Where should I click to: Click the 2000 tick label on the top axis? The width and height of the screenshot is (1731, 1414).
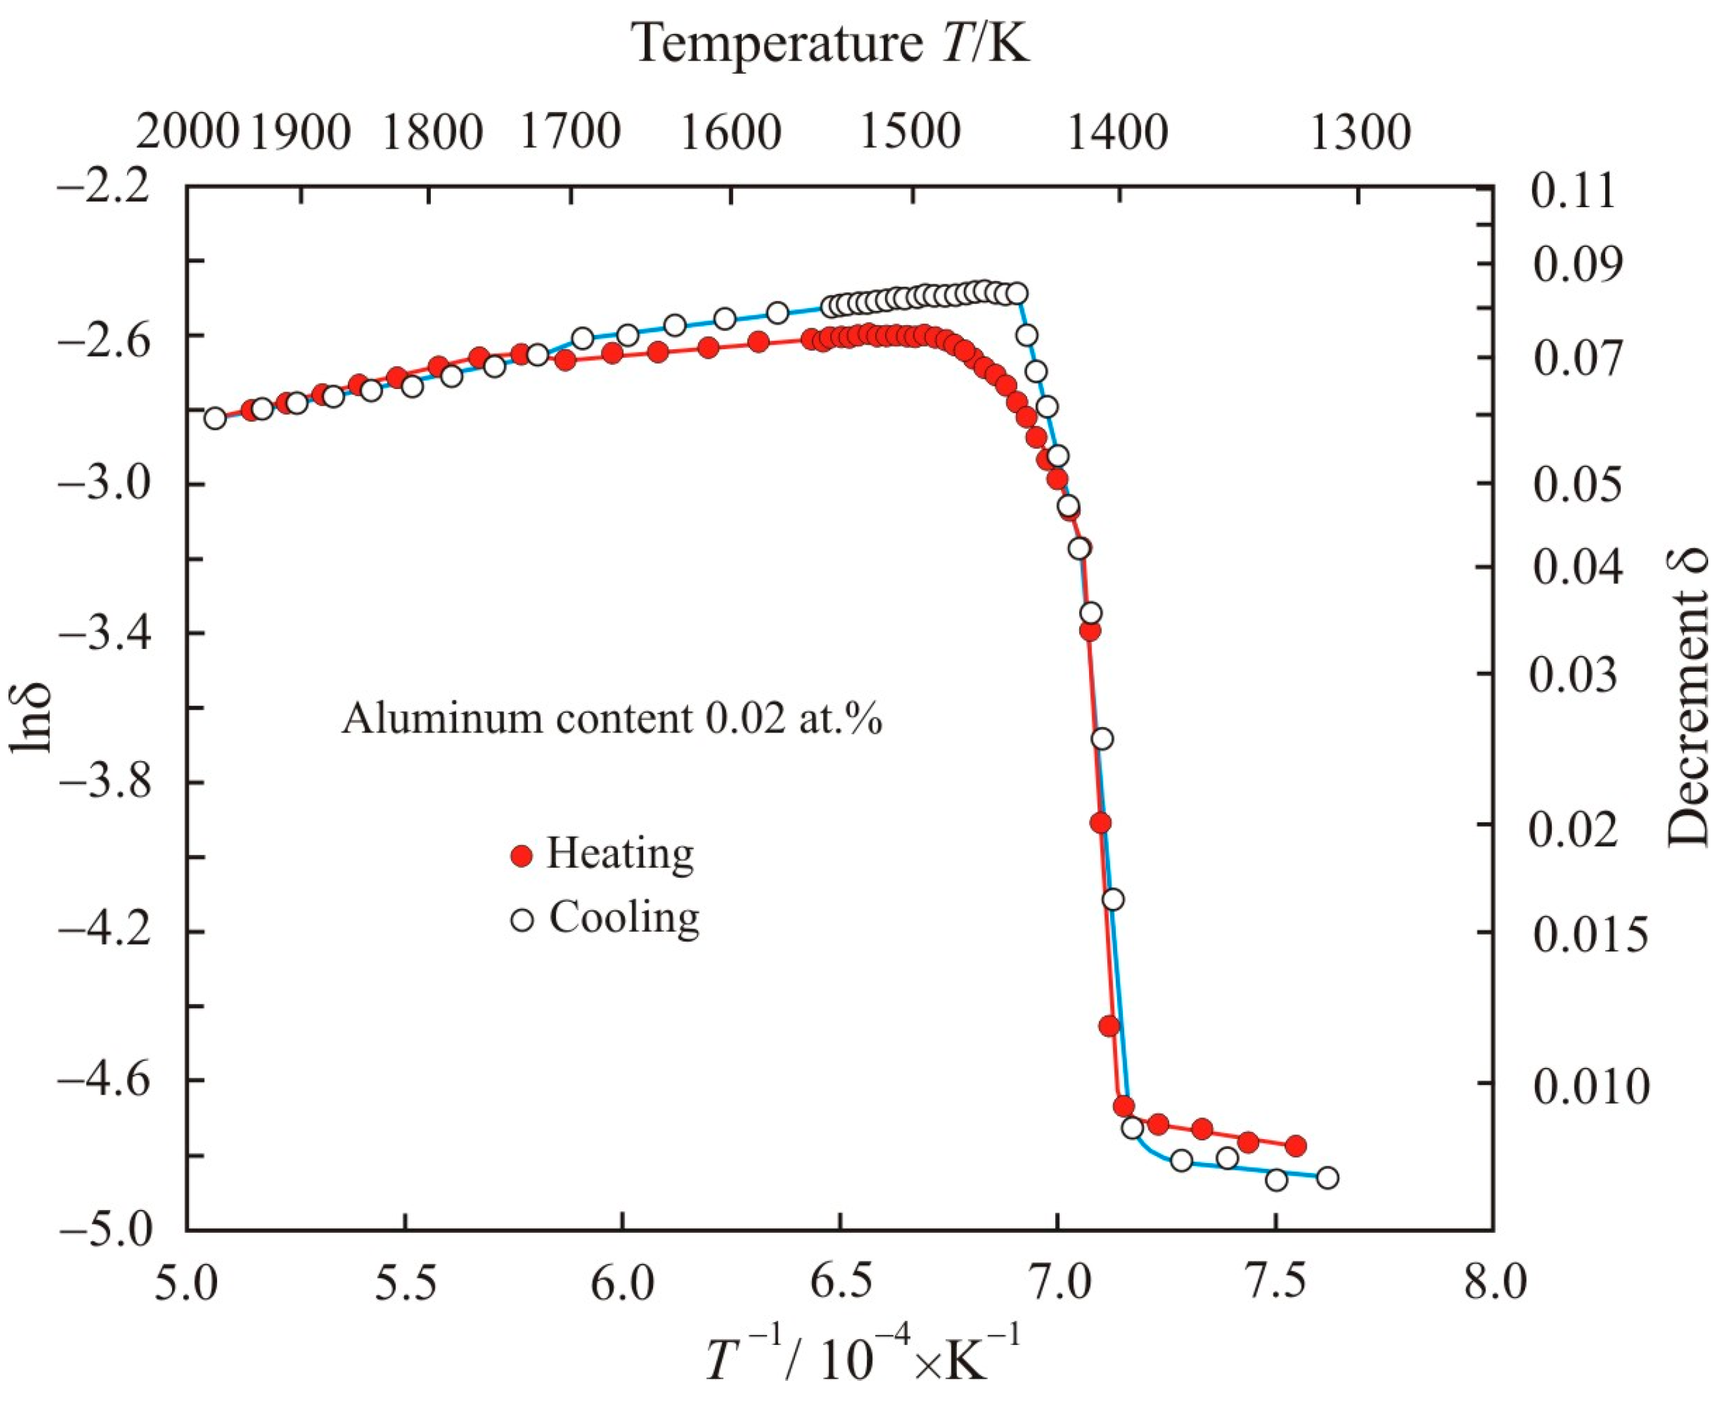pyautogui.click(x=187, y=131)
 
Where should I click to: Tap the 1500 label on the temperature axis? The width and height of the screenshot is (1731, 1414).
pyautogui.click(x=910, y=131)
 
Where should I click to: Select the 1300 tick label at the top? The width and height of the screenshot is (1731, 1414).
pyautogui.click(x=1360, y=131)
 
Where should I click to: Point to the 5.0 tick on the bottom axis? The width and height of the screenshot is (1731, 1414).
pyautogui.click(x=187, y=1284)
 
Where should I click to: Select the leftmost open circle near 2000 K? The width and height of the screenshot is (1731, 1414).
pyautogui.click(x=215, y=418)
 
